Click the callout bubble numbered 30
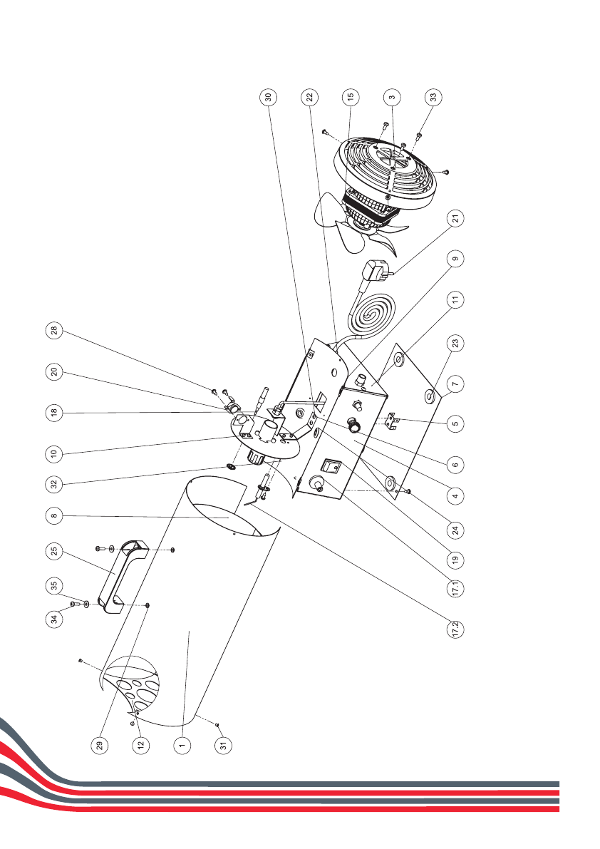click(269, 96)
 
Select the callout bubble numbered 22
click(309, 96)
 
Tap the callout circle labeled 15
click(351, 96)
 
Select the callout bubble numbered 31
click(222, 745)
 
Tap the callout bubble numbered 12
click(141, 745)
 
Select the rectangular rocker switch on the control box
click(331, 467)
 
